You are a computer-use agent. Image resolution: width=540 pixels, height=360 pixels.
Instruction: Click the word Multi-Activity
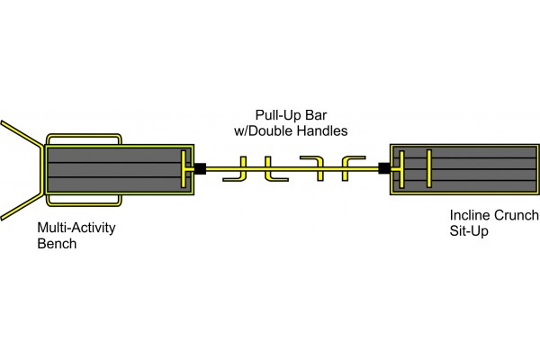pyautogui.click(x=76, y=228)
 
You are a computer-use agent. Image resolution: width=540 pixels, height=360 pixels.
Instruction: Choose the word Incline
pyautogui.click(x=470, y=216)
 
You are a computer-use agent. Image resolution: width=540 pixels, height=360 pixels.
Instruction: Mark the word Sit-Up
pyautogui.click(x=468, y=231)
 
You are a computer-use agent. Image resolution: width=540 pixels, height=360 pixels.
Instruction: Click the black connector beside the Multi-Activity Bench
pyautogui.click(x=200, y=167)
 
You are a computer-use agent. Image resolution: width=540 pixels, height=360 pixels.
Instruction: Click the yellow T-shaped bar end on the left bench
pyautogui.click(x=184, y=167)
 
